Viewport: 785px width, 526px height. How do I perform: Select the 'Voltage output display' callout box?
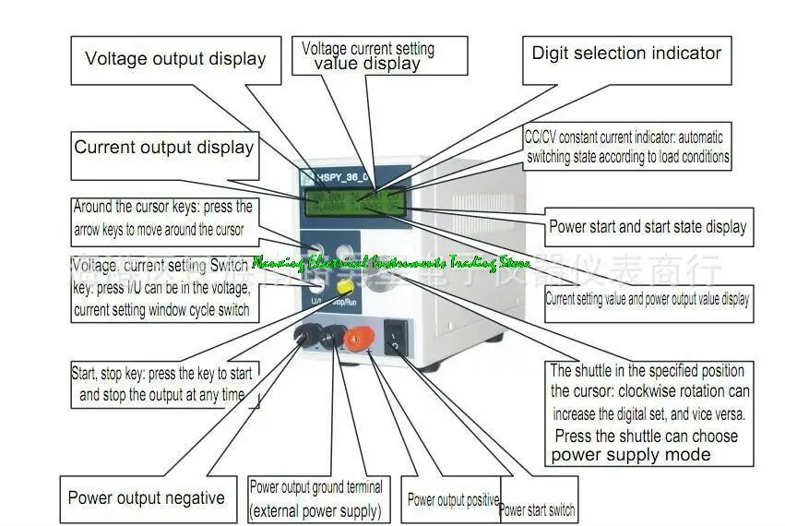point(175,59)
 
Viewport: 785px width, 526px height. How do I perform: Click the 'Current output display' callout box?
point(164,148)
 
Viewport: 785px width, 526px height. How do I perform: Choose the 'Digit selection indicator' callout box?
point(626,54)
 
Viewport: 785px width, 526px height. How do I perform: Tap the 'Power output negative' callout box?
point(146,498)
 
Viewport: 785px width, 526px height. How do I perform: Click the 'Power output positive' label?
point(453,500)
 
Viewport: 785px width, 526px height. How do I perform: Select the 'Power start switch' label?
point(537,508)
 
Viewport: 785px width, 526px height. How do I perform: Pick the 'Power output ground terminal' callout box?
point(315,498)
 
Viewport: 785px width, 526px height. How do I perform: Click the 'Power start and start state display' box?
point(648,226)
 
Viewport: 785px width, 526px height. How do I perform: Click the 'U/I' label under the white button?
point(316,300)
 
